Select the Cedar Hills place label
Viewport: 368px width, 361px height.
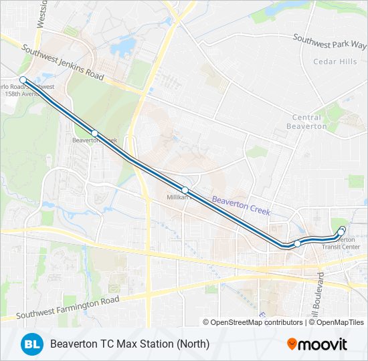point(335,62)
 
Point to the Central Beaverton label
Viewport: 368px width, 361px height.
point(307,122)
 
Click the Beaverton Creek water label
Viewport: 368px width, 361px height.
point(241,205)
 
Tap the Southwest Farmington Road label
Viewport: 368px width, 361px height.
point(68,307)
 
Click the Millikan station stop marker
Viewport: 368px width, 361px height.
point(185,191)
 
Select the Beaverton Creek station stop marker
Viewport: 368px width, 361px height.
point(95,134)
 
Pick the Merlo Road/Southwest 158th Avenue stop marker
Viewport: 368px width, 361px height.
point(23,80)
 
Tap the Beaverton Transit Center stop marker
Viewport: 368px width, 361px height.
point(342,231)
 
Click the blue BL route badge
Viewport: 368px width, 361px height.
point(31,344)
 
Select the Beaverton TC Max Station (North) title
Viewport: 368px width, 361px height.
point(130,344)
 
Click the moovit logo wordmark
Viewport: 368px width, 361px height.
point(323,344)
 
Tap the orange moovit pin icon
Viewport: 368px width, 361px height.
point(292,344)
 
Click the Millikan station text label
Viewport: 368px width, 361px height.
point(175,199)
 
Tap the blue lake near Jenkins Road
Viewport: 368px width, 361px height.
point(123,47)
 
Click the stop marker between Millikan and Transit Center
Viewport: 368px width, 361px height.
point(297,243)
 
